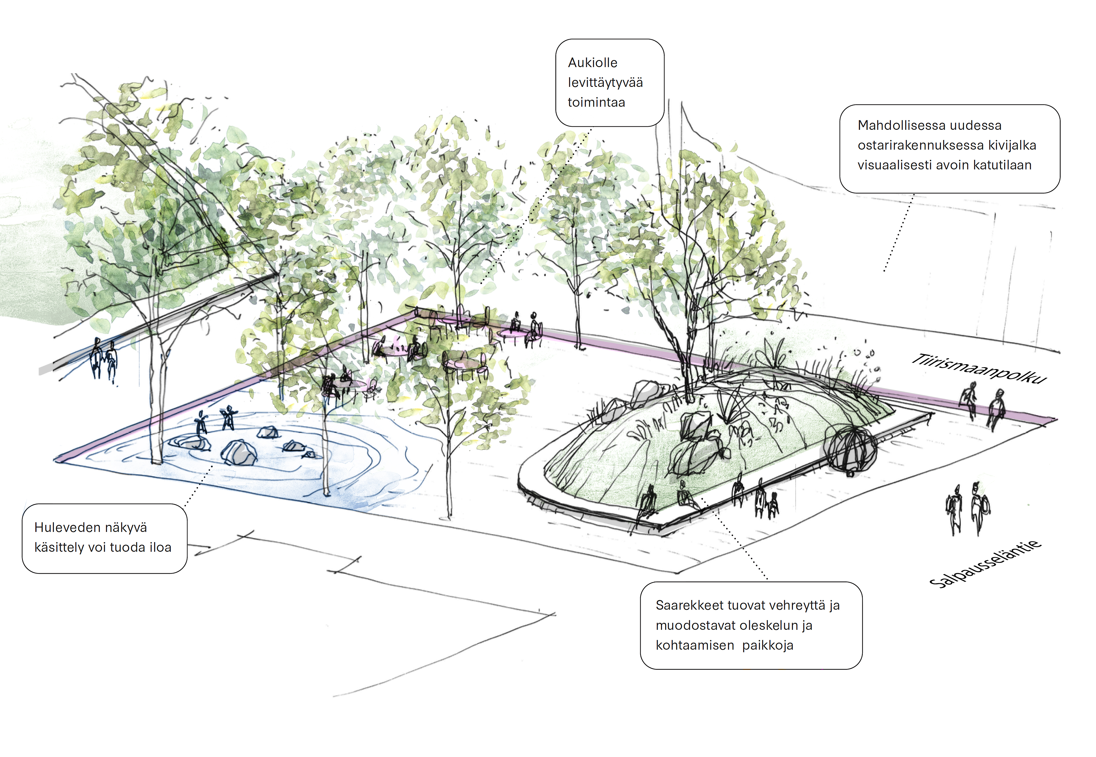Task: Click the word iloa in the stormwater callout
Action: [x=161, y=547]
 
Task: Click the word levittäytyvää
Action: [x=605, y=83]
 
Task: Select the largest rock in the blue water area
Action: [x=239, y=453]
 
